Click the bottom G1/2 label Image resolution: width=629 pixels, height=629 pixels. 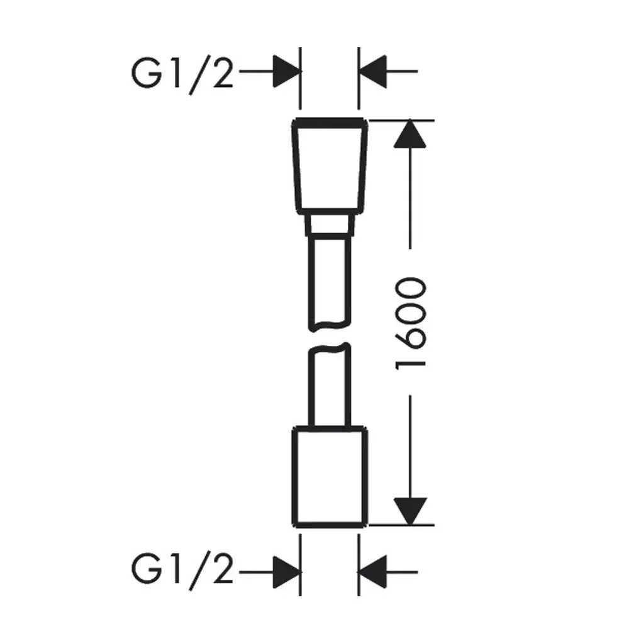click(x=182, y=571)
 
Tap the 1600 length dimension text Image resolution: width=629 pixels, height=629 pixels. click(x=413, y=321)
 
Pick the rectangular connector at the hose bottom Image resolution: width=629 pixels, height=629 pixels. click(x=329, y=477)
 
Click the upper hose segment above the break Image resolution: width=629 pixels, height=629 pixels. click(x=329, y=280)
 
